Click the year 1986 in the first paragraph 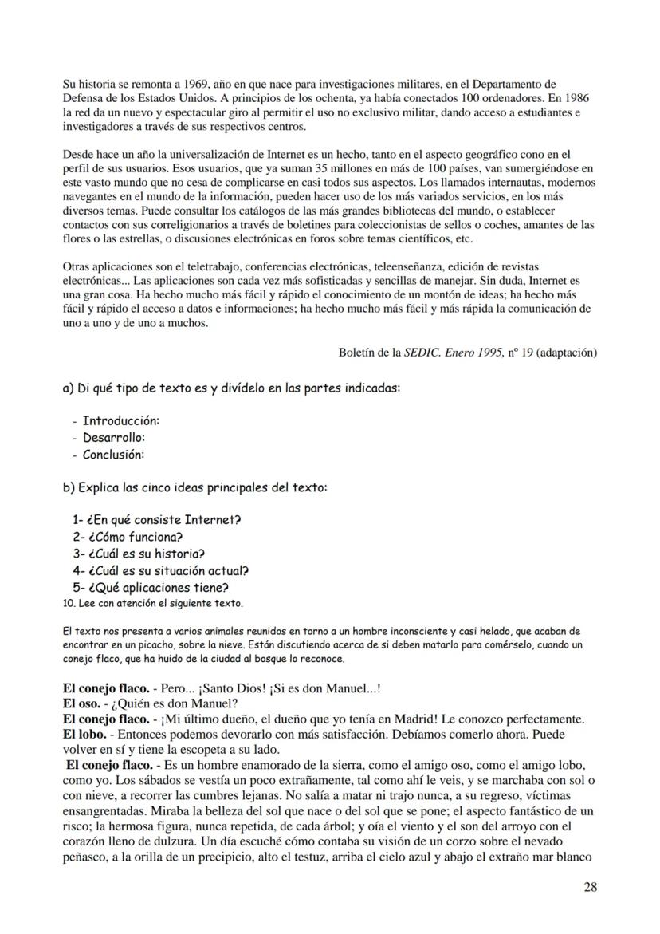pyautogui.click(x=579, y=98)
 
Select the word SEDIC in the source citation pyautogui.click(x=422, y=352)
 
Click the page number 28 pyautogui.click(x=589, y=887)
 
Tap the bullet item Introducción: pyautogui.click(x=120, y=420)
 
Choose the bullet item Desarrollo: pyautogui.click(x=113, y=437)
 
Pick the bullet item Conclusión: pyautogui.click(x=113, y=455)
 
